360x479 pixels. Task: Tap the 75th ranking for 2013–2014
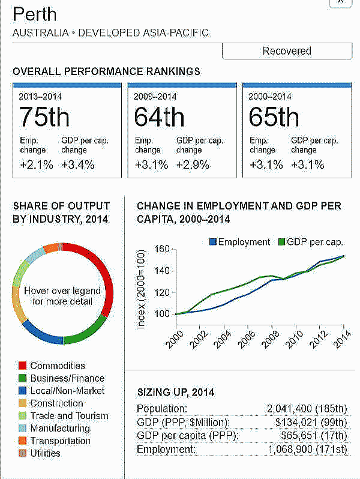point(44,117)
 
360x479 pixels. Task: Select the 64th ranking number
point(159,117)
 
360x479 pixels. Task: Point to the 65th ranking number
point(274,117)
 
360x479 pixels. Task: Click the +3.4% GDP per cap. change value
point(78,165)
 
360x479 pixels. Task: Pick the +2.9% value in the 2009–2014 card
point(193,165)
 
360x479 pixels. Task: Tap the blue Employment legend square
point(212,242)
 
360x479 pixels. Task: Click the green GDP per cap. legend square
point(283,242)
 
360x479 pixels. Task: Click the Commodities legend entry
point(58,366)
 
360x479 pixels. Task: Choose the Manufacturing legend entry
point(60,428)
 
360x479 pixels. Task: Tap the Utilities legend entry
point(45,453)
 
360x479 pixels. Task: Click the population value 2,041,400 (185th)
point(307,409)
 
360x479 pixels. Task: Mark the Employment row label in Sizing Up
point(166,449)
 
